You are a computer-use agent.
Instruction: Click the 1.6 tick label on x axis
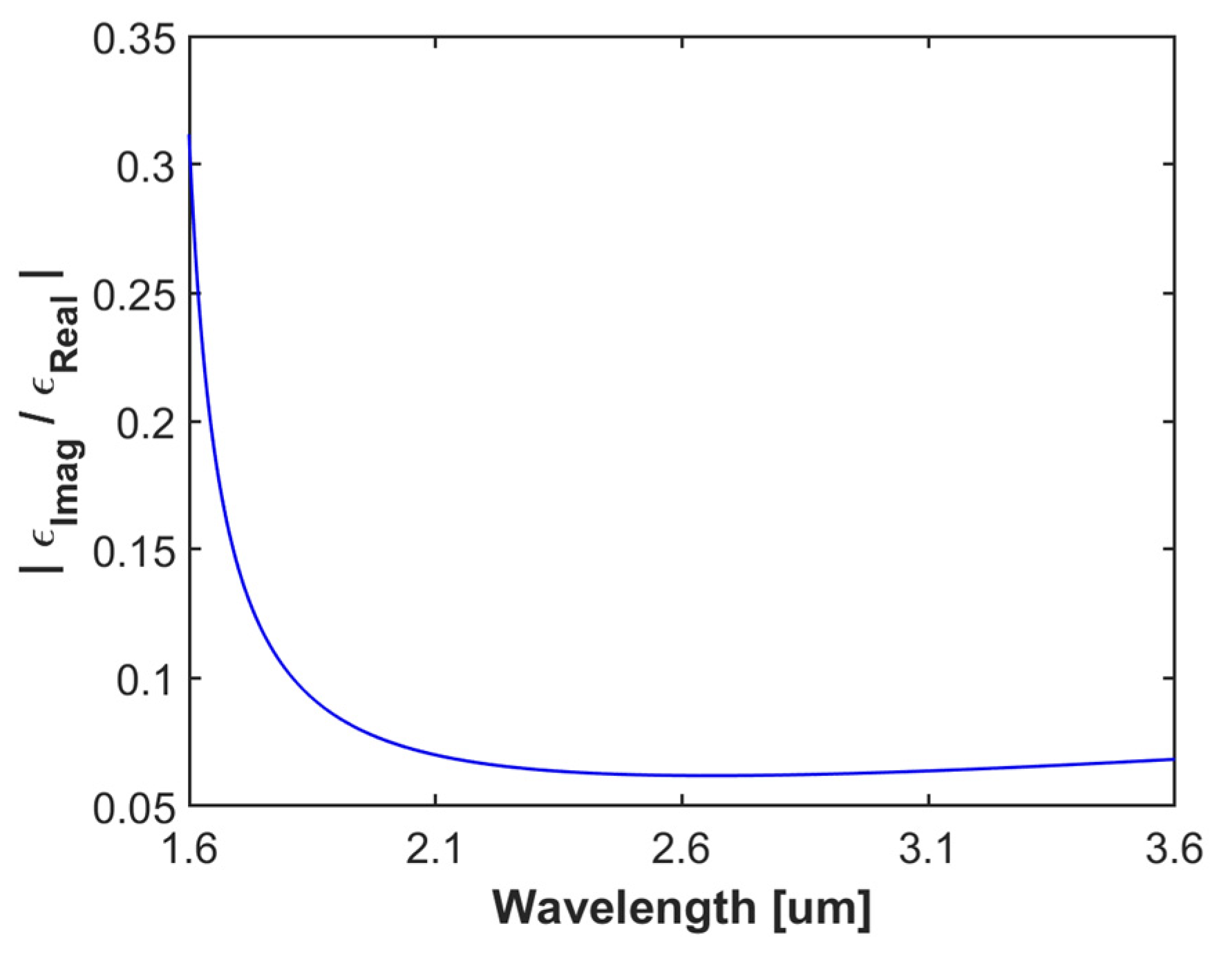pos(189,850)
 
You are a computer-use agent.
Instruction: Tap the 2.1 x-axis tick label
pos(435,850)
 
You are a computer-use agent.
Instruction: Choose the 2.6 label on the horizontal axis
pos(682,850)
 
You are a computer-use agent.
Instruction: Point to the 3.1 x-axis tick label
pos(928,850)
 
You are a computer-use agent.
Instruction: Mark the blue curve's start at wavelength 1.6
pos(189,136)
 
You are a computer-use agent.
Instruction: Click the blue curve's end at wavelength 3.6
pos(1174,759)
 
